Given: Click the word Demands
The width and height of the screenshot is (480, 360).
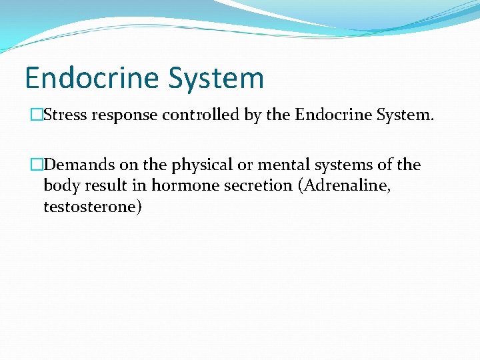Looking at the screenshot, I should click(x=78, y=165).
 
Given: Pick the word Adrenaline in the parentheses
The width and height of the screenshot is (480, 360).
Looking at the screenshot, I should click(x=345, y=185).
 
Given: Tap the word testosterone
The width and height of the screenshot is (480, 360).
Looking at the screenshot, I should click(x=91, y=207).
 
